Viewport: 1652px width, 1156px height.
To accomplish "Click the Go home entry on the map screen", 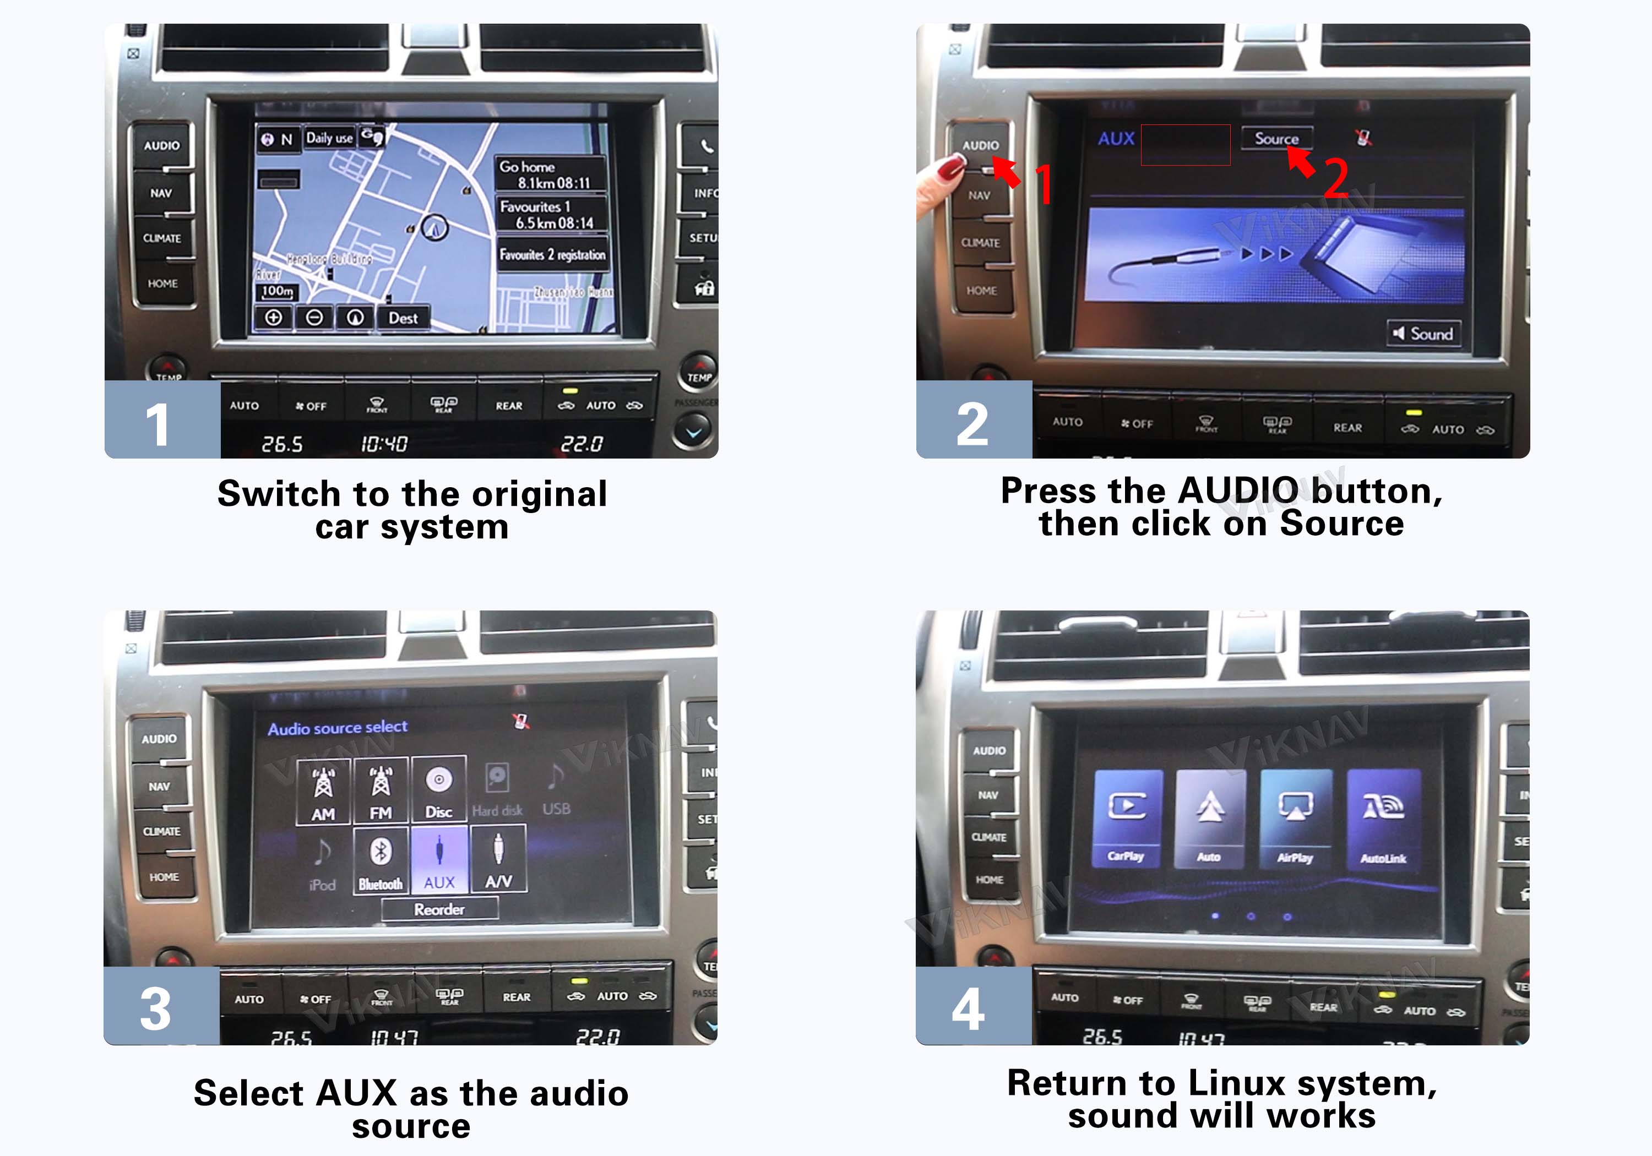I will pos(550,174).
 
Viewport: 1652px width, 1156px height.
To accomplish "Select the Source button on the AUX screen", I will pos(1276,138).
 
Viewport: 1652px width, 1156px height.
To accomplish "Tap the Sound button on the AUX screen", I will pos(1422,334).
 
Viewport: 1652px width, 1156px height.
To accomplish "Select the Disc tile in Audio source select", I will pos(439,789).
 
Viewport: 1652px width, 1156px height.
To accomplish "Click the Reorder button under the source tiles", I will pos(439,909).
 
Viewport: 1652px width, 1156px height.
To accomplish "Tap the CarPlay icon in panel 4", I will pos(1126,819).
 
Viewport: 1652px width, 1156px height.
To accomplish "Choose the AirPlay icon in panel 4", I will pos(1295,819).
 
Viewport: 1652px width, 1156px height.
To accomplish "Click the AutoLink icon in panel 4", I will pos(1383,819).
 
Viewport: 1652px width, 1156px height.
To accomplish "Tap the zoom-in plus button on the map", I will pos(274,317).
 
